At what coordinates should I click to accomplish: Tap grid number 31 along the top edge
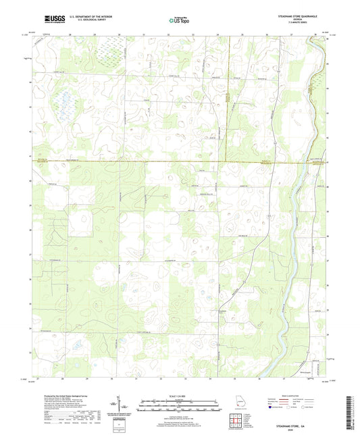pos(144,33)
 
